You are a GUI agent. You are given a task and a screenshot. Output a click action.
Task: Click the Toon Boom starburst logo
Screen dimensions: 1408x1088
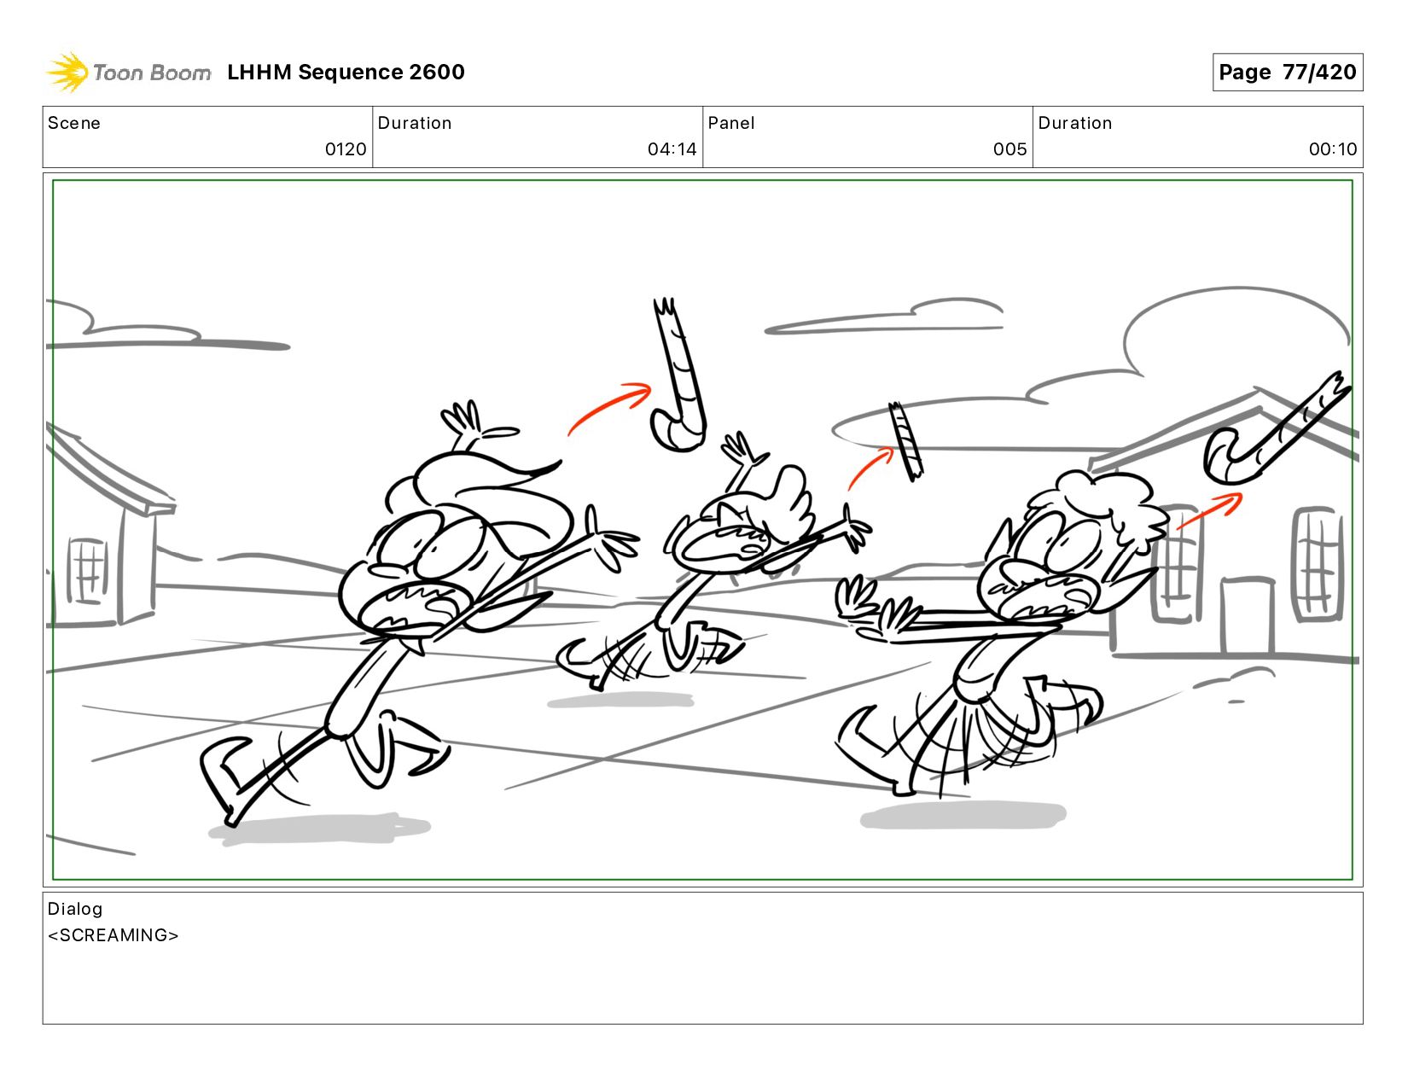point(67,72)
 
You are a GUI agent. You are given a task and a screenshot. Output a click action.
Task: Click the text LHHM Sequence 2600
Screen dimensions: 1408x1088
point(346,72)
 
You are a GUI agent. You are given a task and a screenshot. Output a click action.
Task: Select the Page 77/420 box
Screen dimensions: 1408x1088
point(1287,72)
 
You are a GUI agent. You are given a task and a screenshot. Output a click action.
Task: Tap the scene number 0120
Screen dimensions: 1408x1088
point(346,149)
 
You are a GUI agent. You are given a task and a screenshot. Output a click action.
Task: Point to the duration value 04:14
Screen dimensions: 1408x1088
point(672,149)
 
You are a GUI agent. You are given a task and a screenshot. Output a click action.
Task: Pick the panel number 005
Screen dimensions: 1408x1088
point(1009,149)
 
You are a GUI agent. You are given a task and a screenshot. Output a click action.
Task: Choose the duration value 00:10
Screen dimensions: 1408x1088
point(1332,149)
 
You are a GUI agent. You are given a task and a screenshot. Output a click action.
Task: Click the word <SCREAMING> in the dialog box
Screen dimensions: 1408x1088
point(113,935)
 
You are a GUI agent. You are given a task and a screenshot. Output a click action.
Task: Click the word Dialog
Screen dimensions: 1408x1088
point(75,909)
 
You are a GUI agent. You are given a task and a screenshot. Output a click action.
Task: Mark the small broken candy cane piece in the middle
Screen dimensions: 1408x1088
point(905,441)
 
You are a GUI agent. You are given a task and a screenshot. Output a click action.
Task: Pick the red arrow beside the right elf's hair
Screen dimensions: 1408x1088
point(1209,510)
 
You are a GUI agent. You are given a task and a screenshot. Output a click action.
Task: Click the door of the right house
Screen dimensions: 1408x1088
point(1248,616)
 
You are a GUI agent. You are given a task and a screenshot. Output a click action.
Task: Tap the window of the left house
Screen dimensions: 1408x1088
point(88,570)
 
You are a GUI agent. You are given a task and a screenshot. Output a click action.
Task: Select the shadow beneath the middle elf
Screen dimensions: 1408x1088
point(620,700)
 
